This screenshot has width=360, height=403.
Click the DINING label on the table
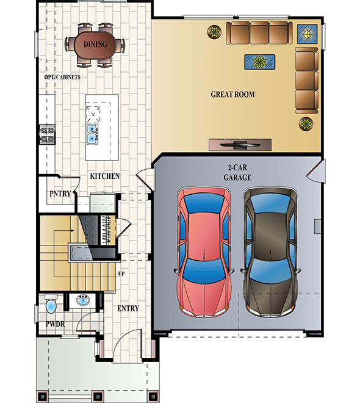pyautogui.click(x=95, y=45)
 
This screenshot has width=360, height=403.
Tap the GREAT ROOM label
pyautogui.click(x=232, y=95)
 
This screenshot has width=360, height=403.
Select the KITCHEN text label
pyautogui.click(x=104, y=176)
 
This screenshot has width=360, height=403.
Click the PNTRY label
pyautogui.click(x=61, y=194)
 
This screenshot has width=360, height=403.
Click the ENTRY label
pyautogui.click(x=128, y=309)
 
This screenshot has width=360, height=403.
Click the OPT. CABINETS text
pyautogui.click(x=62, y=78)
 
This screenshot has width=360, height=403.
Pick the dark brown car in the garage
pyautogui.click(x=270, y=251)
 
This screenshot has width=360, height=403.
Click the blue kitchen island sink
pyautogui.click(x=92, y=134)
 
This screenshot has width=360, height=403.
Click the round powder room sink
pyautogui.click(x=82, y=300)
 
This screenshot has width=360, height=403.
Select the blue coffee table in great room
pyautogui.click(x=259, y=61)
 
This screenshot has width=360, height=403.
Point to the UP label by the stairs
pyautogui.click(x=121, y=274)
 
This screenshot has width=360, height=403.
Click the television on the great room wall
pyautogui.click(x=239, y=144)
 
